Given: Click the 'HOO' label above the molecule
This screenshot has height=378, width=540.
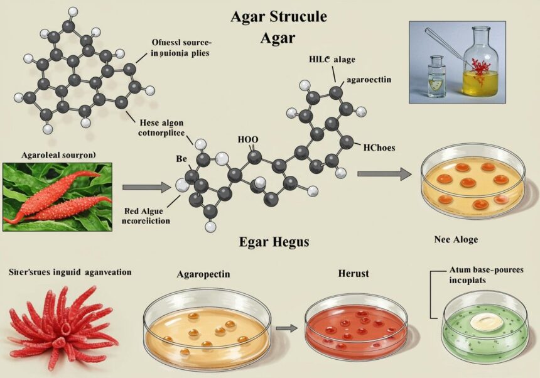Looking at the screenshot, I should click(247, 140).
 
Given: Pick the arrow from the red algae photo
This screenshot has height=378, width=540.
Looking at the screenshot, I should click(146, 186).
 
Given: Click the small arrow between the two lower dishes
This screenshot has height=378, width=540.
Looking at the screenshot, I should click(287, 327).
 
